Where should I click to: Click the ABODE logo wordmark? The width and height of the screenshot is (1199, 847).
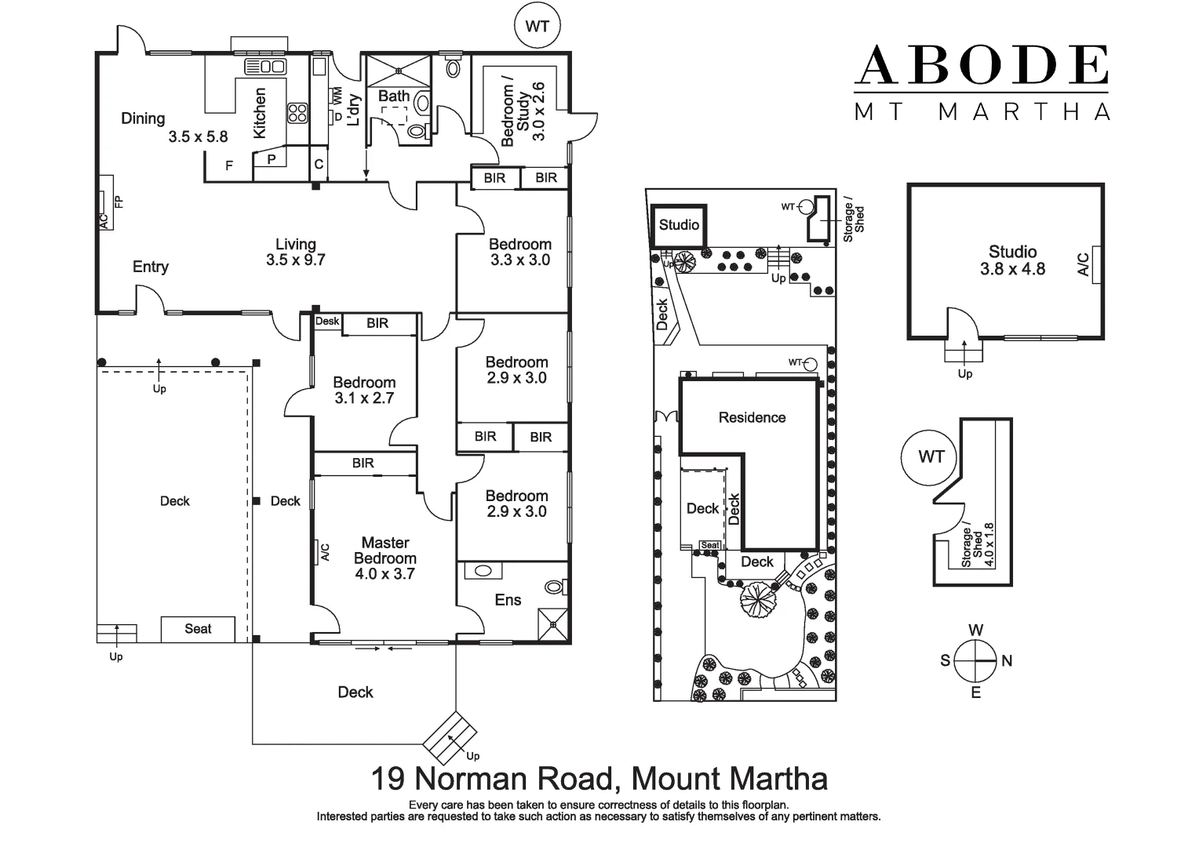click(981, 65)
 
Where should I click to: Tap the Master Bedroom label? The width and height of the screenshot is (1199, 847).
click(384, 551)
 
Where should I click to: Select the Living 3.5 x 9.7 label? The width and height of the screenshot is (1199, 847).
click(295, 252)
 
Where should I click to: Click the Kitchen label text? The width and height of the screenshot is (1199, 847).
click(260, 113)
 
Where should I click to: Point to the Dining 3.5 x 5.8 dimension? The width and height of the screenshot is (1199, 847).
click(198, 136)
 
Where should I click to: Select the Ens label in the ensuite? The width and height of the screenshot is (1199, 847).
click(508, 600)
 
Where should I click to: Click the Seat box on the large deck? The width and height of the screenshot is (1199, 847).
click(198, 629)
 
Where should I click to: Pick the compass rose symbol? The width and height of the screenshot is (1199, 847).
click(976, 660)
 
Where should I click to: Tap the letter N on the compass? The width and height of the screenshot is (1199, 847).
click(1007, 661)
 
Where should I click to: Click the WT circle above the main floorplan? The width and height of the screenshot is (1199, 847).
click(537, 27)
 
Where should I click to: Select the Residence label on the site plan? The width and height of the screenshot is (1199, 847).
click(752, 417)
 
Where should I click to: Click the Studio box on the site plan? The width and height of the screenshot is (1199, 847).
click(679, 226)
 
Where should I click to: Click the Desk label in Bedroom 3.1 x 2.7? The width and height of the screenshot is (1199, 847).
click(327, 322)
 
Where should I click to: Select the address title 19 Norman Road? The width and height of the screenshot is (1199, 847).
click(599, 779)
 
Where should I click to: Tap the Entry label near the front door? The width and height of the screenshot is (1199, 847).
click(151, 267)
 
